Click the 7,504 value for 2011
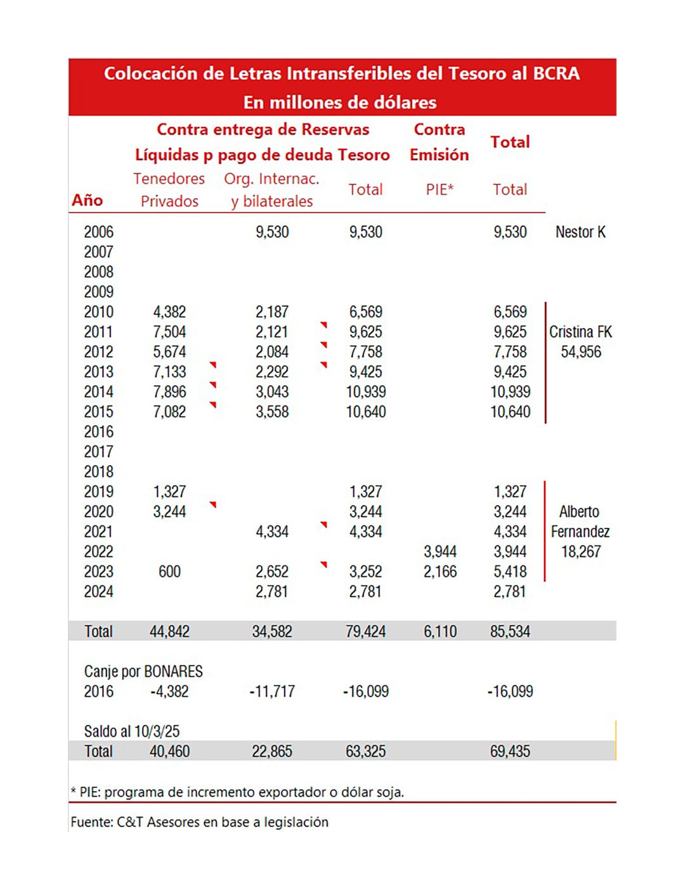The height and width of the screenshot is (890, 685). pyautogui.click(x=169, y=332)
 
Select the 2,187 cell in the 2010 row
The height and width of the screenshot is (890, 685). pyautogui.click(x=272, y=312)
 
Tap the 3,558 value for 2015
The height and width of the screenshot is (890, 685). pyautogui.click(x=272, y=412)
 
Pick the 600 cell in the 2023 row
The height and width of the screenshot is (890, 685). pyautogui.click(x=169, y=572)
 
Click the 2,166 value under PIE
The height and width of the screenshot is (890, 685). pyautogui.click(x=440, y=572)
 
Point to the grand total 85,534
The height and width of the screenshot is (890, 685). pyautogui.click(x=510, y=631)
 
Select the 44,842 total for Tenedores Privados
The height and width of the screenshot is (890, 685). pyautogui.click(x=169, y=631)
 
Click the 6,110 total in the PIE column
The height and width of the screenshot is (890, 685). pyautogui.click(x=440, y=631)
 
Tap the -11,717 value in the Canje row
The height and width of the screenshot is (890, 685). pyautogui.click(x=272, y=691)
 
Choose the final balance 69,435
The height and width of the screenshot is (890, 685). pyautogui.click(x=510, y=751)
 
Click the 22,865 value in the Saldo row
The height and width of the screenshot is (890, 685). pyautogui.click(x=272, y=751)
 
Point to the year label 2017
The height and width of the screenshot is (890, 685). pyautogui.click(x=98, y=452)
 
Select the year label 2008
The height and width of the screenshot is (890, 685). pyautogui.click(x=98, y=272)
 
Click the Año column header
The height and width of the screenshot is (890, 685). pyautogui.click(x=88, y=200)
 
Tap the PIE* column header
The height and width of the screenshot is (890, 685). pyautogui.click(x=440, y=189)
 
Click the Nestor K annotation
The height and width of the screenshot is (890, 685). pyautogui.click(x=580, y=232)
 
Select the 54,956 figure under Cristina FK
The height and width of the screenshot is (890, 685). pyautogui.click(x=581, y=352)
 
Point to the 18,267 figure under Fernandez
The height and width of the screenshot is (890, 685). pyautogui.click(x=581, y=552)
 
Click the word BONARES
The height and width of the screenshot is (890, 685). pyautogui.click(x=173, y=671)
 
